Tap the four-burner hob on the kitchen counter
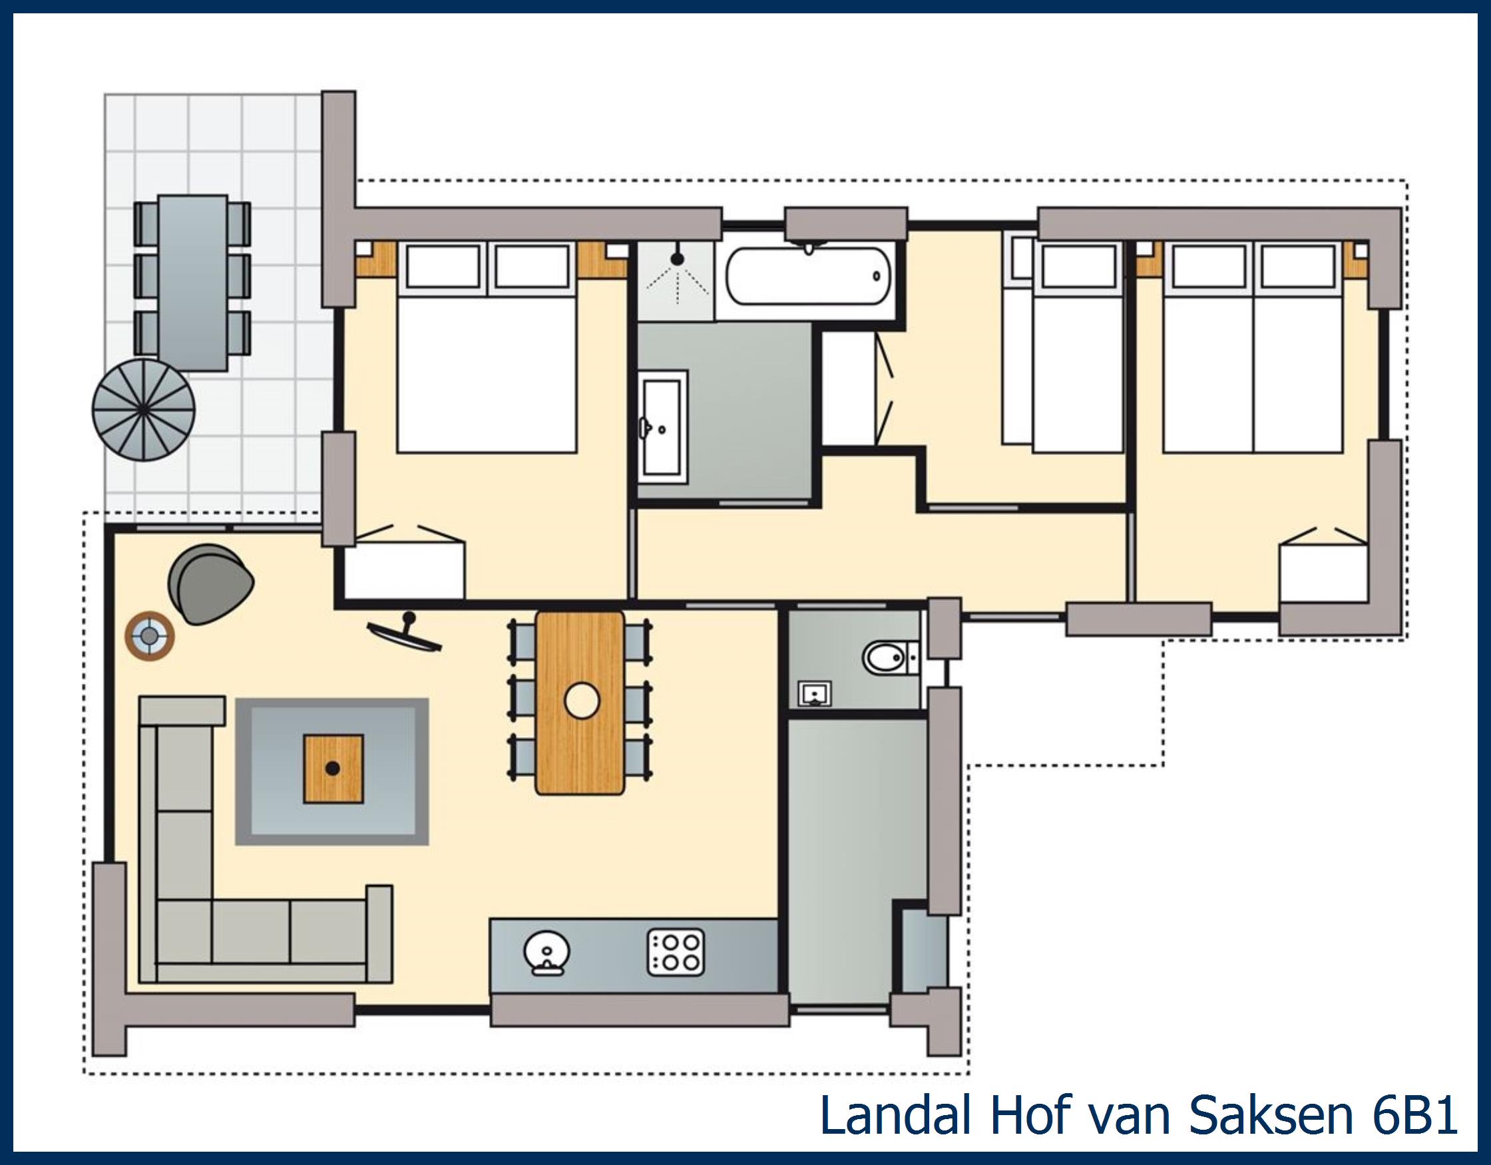pos(676,952)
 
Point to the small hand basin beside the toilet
pos(815,693)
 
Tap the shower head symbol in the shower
pos(676,259)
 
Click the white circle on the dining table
pos(582,701)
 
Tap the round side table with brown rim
pos(150,637)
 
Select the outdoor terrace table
pos(192,283)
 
